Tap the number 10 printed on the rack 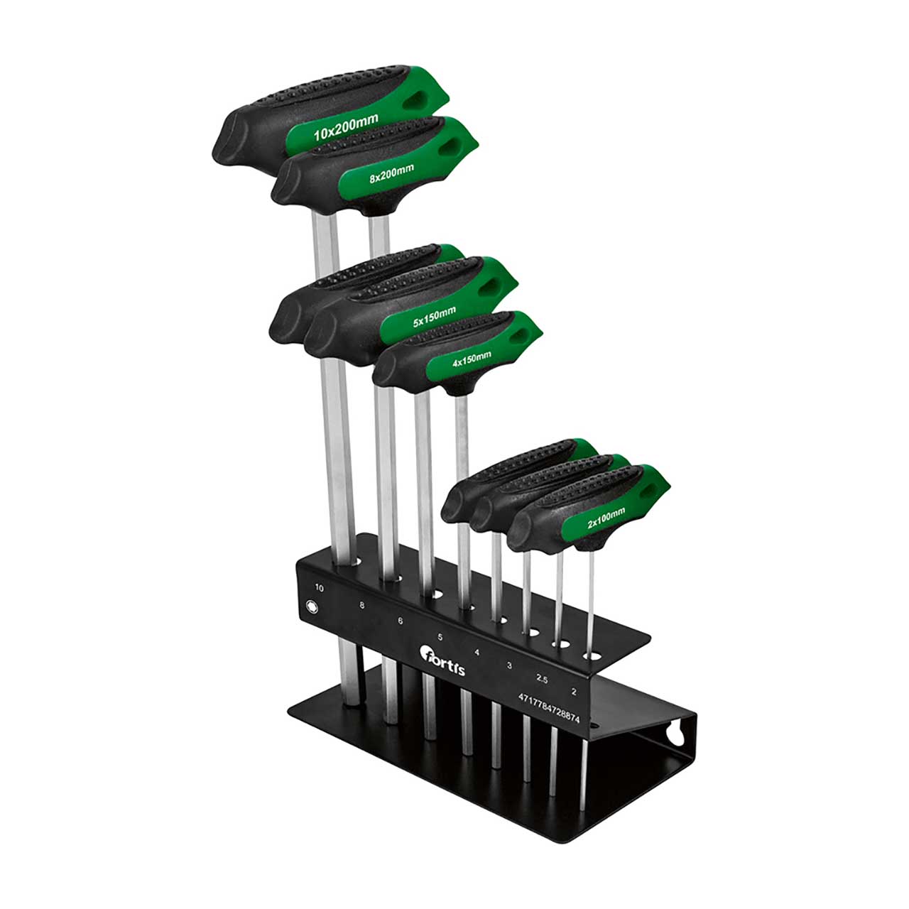tap(319, 588)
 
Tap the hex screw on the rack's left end tap(310, 606)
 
